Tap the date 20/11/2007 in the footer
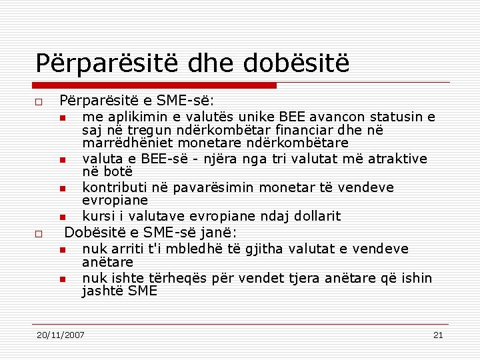coord(61,335)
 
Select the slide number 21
coord(438,335)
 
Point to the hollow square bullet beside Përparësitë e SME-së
coord(39,103)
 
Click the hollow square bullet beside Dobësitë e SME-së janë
coord(39,234)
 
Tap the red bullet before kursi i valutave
coord(61,217)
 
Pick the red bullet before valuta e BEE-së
coord(61,160)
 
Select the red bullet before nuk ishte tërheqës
coord(61,279)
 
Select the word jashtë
coord(103,291)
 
